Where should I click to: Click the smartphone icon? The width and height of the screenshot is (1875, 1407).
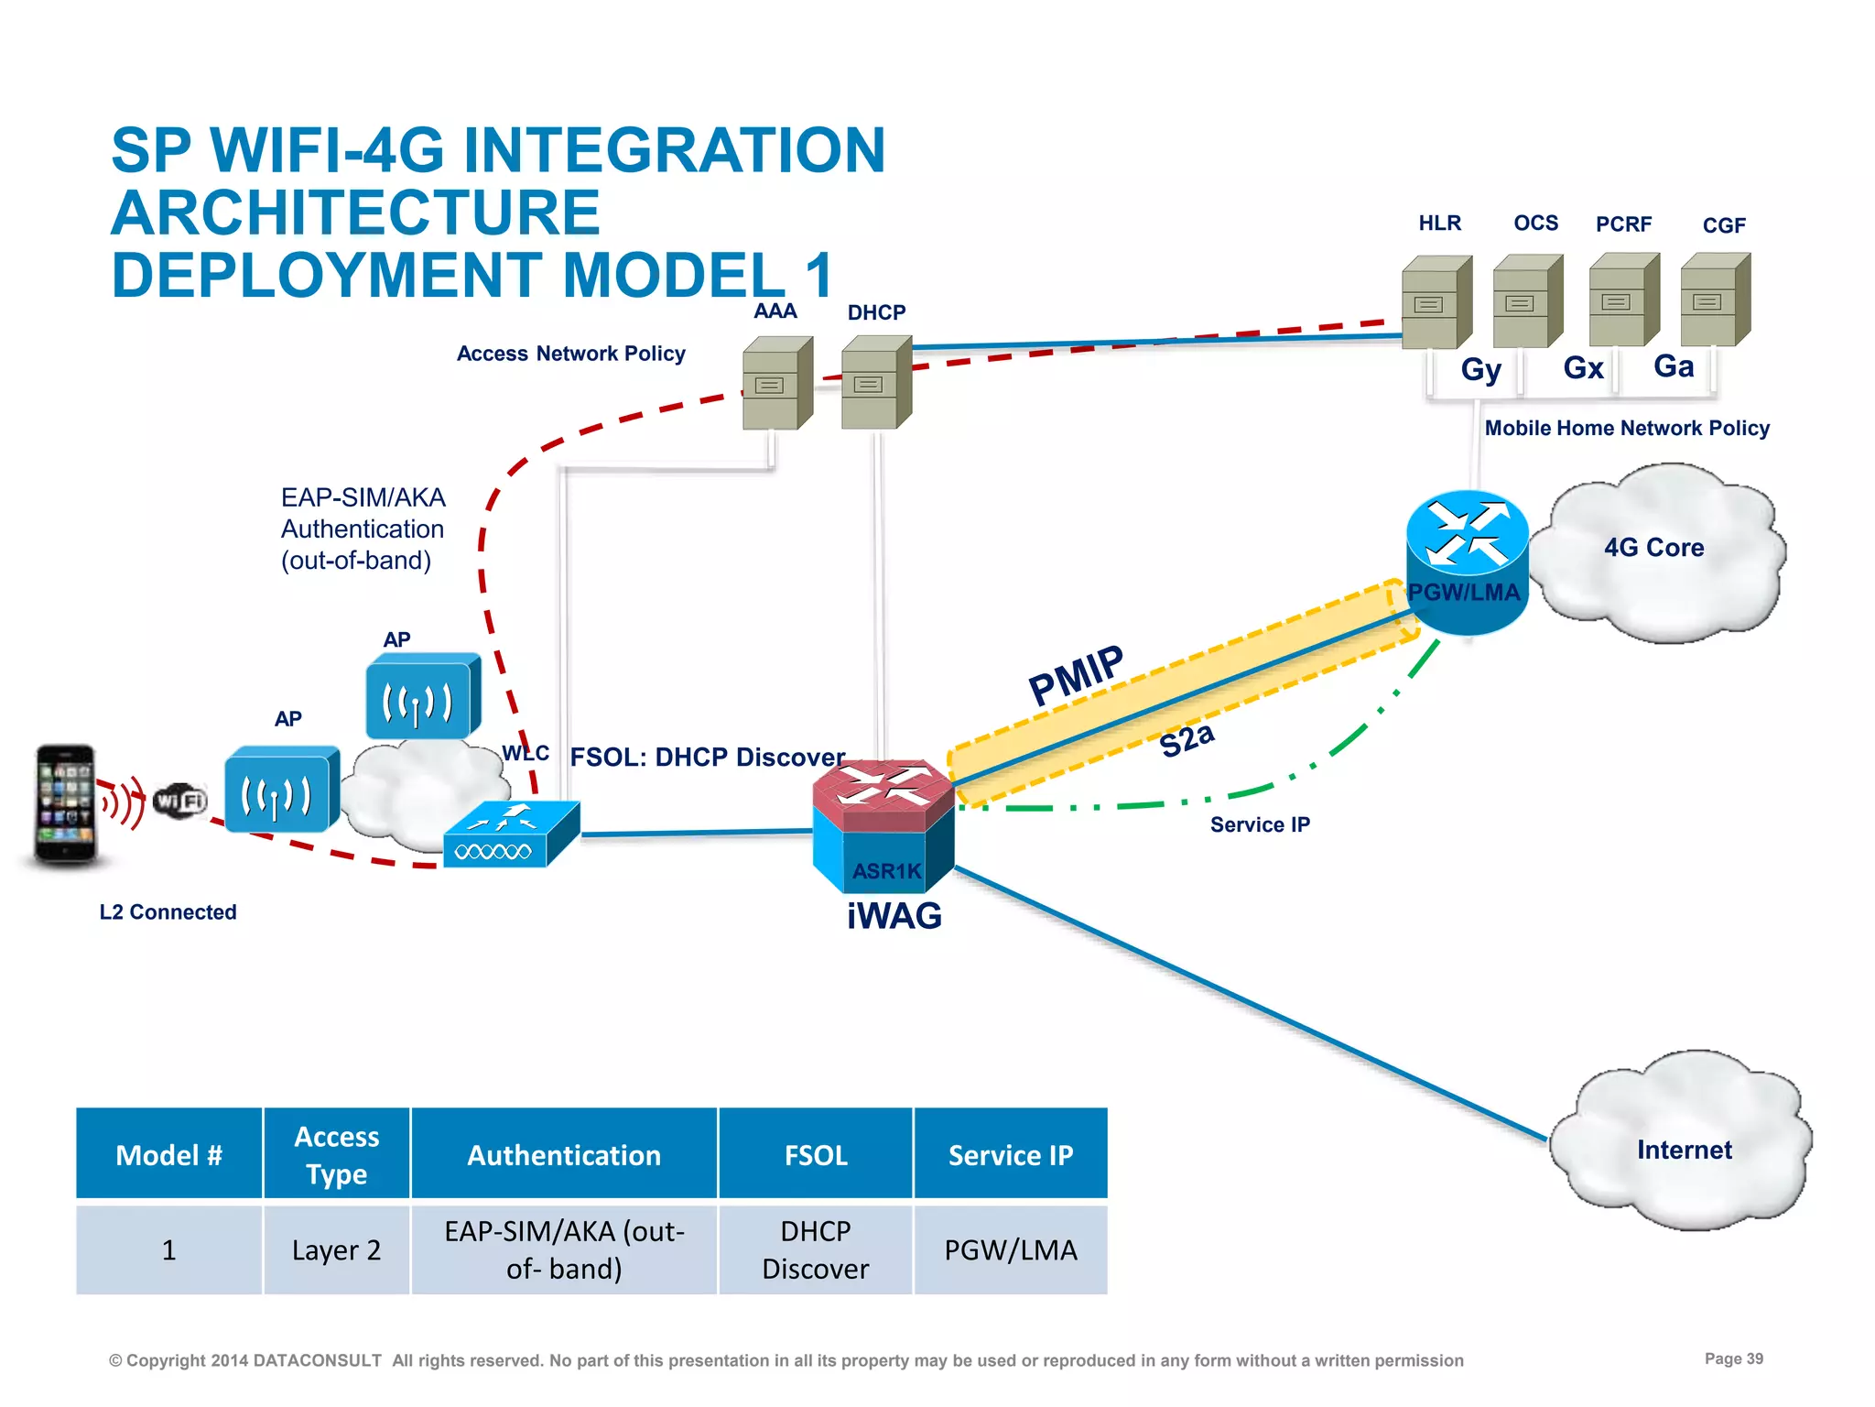tap(65, 803)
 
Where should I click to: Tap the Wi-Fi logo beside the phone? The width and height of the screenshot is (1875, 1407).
tap(180, 801)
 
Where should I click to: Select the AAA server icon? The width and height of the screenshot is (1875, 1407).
tap(776, 383)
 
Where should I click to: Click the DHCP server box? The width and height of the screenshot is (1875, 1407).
tap(875, 383)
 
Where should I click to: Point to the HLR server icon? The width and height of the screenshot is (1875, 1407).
tap(1436, 302)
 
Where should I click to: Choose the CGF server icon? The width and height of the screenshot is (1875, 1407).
tap(1715, 300)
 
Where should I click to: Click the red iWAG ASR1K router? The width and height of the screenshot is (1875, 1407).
tap(883, 824)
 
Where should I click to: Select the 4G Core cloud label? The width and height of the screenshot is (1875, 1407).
tap(1653, 548)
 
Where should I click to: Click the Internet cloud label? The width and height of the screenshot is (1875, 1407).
tap(1684, 1150)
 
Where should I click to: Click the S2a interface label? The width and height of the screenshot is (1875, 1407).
tap(1187, 739)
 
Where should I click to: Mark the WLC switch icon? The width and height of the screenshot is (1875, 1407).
tap(511, 834)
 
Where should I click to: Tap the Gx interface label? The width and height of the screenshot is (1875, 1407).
tap(1583, 368)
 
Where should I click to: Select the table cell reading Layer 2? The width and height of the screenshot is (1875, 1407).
tap(336, 1249)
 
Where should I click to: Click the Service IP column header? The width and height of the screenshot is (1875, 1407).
tap(1010, 1155)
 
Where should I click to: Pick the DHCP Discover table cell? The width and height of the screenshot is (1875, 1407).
tap(815, 1249)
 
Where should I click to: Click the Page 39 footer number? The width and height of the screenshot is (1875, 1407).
tap(1733, 1358)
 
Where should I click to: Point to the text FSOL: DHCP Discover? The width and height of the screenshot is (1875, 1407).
tap(707, 758)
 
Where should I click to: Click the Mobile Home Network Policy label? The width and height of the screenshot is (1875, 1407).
tap(1626, 428)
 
